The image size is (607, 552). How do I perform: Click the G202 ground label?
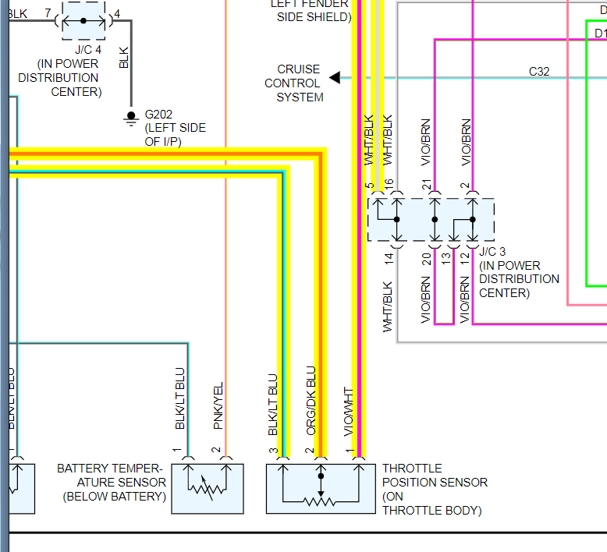coord(158,114)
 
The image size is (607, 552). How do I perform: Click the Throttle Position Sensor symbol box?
coord(320,489)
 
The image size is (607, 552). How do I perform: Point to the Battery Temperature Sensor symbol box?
coord(208,489)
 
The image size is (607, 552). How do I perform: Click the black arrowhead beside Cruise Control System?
coord(335,77)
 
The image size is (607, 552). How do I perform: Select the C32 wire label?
coord(539,72)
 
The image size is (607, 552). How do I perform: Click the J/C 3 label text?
coord(492,252)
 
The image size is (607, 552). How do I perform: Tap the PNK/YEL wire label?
coord(218,405)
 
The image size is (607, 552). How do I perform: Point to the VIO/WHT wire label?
coord(349,411)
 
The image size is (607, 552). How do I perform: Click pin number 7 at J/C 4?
coord(48,13)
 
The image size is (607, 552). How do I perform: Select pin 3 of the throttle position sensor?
coord(274,451)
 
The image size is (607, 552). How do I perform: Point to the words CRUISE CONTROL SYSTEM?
coord(293,83)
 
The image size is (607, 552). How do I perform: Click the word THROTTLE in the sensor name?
coord(412,469)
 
